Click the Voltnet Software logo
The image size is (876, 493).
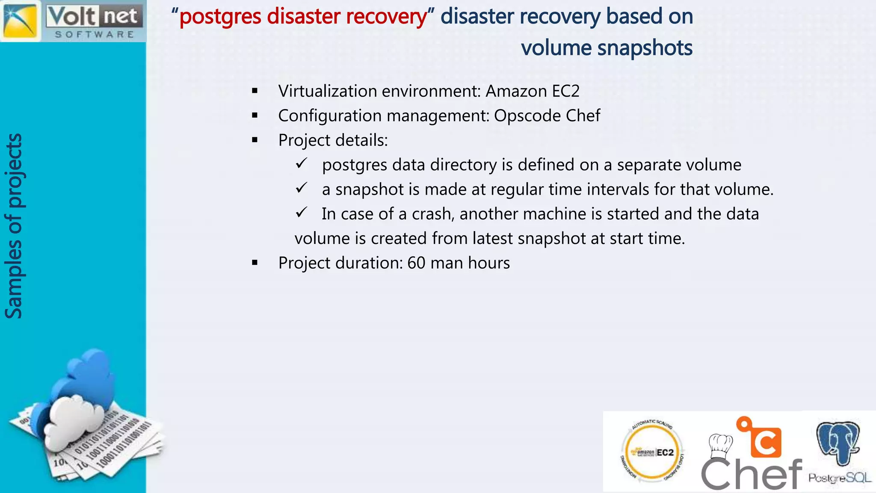73,21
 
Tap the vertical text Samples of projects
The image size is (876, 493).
14,226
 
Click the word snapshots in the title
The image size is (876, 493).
645,48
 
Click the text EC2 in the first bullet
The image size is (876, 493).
565,91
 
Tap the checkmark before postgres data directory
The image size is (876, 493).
302,163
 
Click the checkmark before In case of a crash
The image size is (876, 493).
302,212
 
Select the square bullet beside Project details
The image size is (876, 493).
255,140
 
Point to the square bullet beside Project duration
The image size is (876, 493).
255,263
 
